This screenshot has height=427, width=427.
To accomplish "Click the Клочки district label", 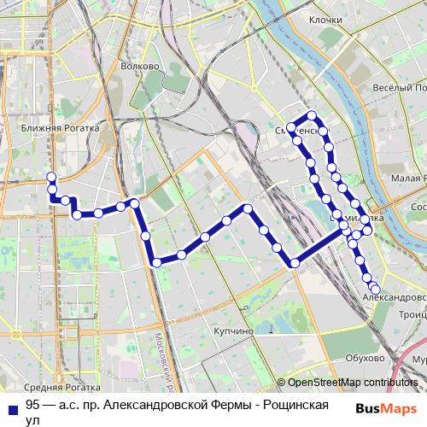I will tap(325, 19).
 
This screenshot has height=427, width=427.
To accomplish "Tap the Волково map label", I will tap(141, 66).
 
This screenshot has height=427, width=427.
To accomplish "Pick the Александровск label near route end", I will tap(394, 298).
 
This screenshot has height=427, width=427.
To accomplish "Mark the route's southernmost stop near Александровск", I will tap(375, 289).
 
